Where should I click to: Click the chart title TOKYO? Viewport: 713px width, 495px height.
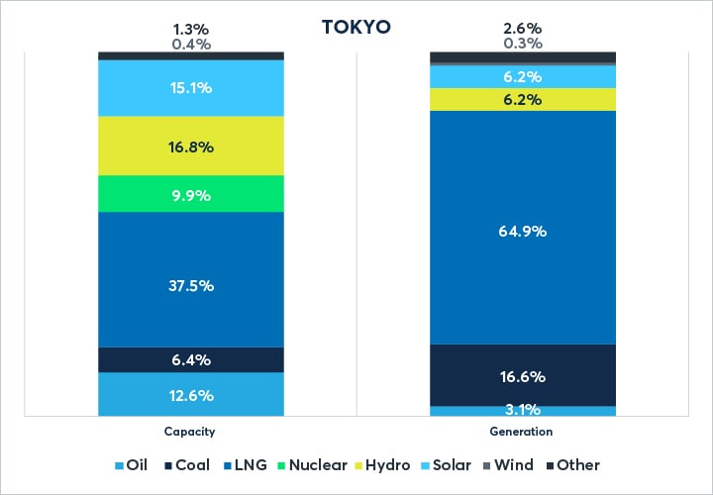point(356,27)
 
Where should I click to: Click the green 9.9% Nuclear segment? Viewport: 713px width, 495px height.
point(191,194)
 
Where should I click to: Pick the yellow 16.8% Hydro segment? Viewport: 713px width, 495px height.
point(191,147)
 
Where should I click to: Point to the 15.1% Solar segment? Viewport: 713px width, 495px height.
point(191,88)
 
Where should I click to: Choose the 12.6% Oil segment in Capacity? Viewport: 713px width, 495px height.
point(191,394)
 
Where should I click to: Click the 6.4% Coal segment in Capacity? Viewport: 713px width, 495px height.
point(191,359)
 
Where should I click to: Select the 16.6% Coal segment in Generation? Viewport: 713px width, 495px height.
point(523,375)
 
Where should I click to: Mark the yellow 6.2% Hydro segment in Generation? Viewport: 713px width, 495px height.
point(523,99)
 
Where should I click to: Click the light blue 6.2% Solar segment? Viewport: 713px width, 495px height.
point(523,76)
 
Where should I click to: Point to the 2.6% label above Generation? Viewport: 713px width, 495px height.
point(523,28)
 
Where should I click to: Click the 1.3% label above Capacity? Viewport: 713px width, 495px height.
point(191,28)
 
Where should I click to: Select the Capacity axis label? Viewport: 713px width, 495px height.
point(190,433)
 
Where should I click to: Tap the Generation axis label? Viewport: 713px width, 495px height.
point(522,433)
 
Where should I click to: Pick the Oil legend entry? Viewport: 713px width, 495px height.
point(131,465)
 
